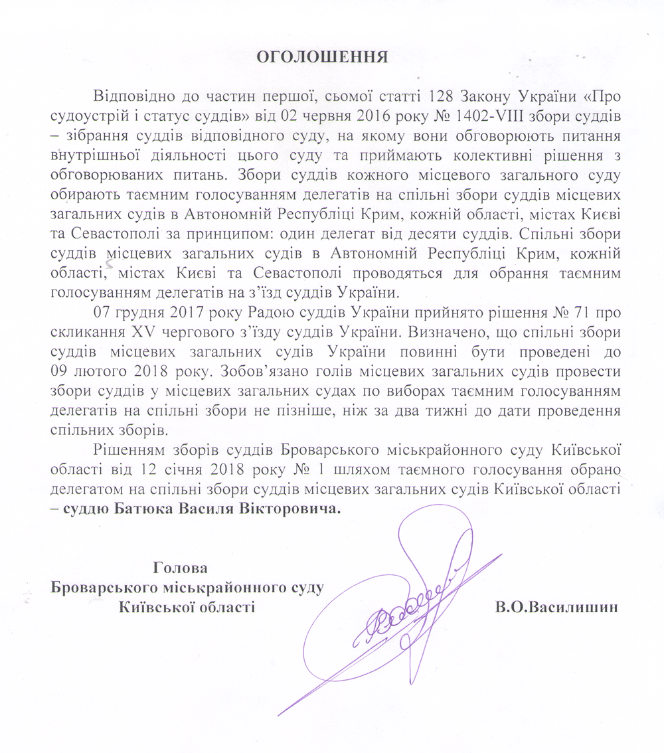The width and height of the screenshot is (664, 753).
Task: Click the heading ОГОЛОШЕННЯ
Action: [x=322, y=56]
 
